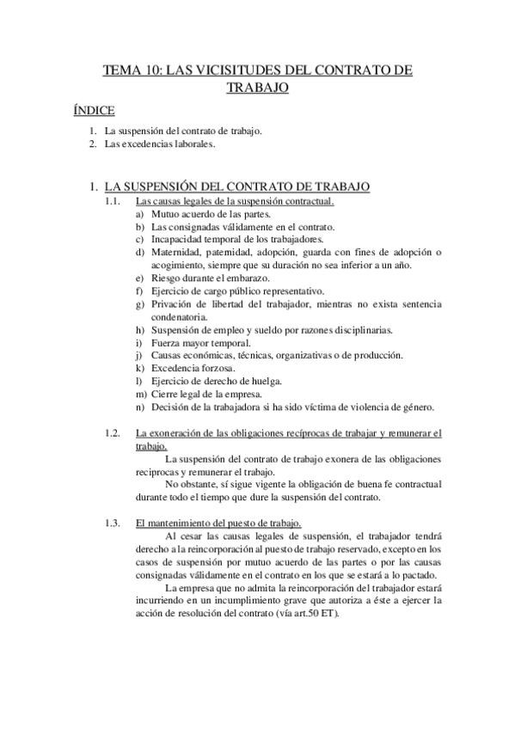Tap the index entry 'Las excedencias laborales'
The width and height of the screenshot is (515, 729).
147,144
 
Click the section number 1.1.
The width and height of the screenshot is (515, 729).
111,201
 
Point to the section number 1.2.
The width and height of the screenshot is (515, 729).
111,432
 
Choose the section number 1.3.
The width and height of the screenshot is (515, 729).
111,524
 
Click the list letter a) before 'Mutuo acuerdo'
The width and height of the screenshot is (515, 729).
140,213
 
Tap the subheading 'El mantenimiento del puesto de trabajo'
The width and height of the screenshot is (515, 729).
218,524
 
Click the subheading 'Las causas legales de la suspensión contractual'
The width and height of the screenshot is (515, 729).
235,201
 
